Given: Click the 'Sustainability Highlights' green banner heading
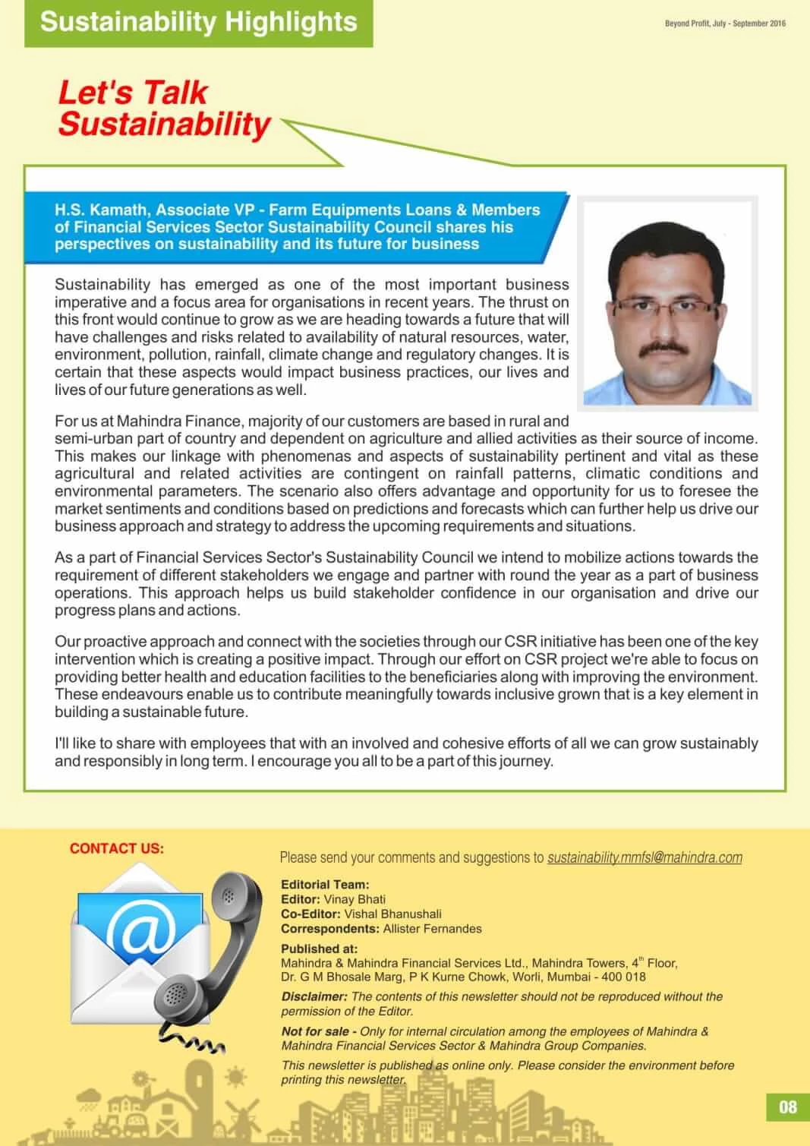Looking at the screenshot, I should click(198, 22).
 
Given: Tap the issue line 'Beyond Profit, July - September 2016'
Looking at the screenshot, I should click(725, 24).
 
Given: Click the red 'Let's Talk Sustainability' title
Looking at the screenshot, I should click(164, 109).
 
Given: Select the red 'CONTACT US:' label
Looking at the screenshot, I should click(116, 848).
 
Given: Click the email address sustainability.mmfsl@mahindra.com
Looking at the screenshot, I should click(645, 857).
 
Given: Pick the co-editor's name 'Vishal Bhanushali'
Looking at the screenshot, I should click(392, 914).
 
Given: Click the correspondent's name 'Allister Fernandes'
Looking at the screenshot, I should click(432, 929).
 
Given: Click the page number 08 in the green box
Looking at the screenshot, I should click(788, 1107).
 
